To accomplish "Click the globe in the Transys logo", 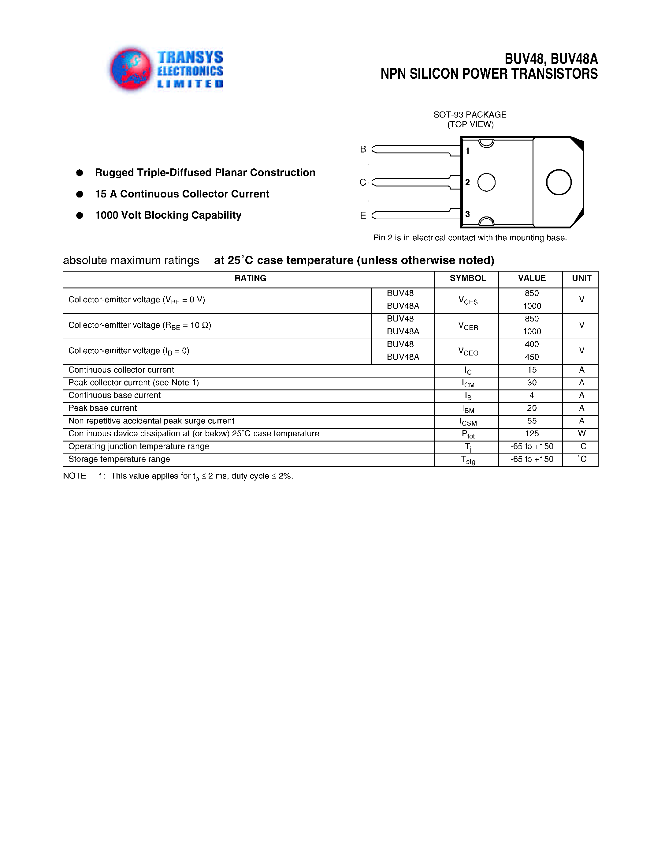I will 131,70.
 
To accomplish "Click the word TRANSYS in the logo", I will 190,58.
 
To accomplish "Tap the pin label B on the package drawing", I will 363,149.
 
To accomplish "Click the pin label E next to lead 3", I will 363,216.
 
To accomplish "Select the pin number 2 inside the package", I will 467,182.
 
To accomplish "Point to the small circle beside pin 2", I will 486,182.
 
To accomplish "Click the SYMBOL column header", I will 468,278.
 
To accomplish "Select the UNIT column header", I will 581,278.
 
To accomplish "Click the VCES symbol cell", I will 468,301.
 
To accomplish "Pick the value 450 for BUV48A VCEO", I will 532,357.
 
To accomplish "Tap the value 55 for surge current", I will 532,421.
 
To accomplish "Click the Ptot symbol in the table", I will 468,434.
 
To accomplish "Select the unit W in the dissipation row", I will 581,434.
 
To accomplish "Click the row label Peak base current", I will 102,408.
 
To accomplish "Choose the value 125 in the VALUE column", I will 532,434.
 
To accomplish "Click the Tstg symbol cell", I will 468,460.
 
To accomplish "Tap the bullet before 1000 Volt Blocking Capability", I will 80,216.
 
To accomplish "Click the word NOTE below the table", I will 74,476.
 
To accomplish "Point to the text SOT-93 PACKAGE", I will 470,115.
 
